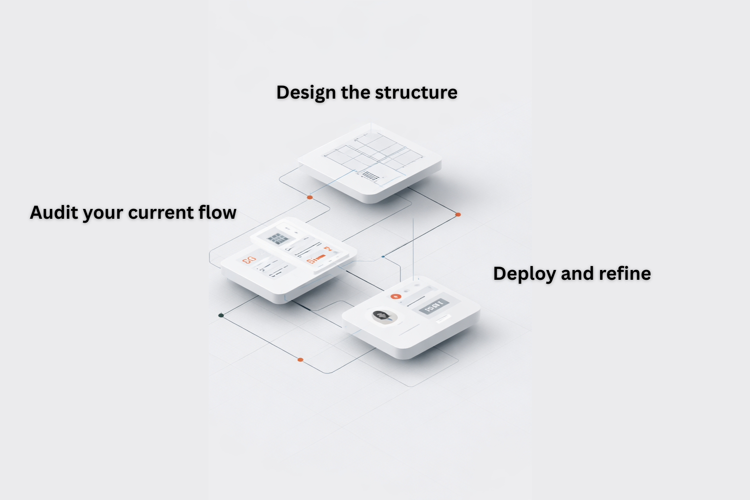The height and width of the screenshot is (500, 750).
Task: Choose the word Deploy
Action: pos(524,274)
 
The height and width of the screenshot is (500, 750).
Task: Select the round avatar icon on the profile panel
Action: pos(382,316)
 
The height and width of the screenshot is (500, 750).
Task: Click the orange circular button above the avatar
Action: pos(396,296)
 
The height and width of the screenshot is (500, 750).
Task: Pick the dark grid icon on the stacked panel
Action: pos(277,239)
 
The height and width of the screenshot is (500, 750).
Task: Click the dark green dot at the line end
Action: pos(221,315)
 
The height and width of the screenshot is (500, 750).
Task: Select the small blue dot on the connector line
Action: pos(383,256)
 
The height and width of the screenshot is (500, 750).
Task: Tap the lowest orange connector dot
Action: pos(300,360)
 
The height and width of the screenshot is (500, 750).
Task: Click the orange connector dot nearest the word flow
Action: pos(310,197)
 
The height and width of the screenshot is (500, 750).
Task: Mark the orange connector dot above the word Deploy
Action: pos(458,214)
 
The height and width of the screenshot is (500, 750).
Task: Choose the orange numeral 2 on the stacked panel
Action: pos(328,250)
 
